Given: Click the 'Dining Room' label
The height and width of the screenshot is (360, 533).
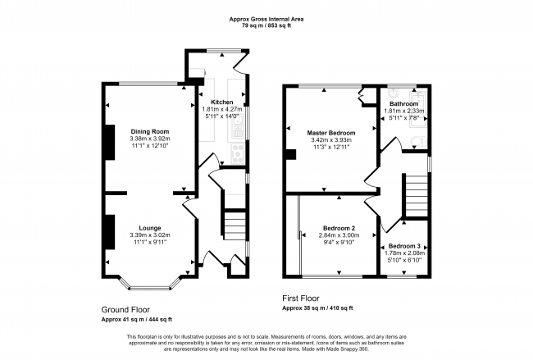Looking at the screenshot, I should pyautogui.click(x=149, y=131).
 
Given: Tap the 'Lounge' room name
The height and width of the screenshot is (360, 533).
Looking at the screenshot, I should pyautogui.click(x=149, y=227).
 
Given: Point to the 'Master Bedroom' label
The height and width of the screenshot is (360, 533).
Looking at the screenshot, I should pyautogui.click(x=331, y=133).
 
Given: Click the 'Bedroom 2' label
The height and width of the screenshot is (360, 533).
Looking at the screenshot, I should pyautogui.click(x=338, y=227).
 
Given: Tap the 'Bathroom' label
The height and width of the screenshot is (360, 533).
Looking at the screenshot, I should pyautogui.click(x=403, y=103).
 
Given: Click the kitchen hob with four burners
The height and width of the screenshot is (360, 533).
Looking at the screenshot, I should pyautogui.click(x=238, y=151).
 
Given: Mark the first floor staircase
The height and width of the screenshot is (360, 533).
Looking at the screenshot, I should pyautogui.click(x=417, y=196).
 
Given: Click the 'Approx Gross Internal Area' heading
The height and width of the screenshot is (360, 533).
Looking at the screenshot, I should pyautogui.click(x=266, y=18).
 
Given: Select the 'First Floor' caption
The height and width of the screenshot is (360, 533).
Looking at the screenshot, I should pyautogui.click(x=301, y=299).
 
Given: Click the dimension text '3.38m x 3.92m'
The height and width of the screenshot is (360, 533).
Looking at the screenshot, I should pyautogui.click(x=149, y=139).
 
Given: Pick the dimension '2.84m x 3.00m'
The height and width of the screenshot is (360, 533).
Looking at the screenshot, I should pyautogui.click(x=338, y=235).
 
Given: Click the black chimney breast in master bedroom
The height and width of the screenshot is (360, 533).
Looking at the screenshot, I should pyautogui.click(x=289, y=154).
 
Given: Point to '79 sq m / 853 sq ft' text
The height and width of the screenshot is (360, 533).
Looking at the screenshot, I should pyautogui.click(x=266, y=26).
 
